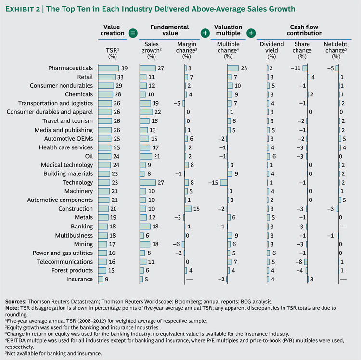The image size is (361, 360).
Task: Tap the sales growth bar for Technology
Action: click(147, 183)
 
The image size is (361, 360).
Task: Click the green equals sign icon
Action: click(133, 33)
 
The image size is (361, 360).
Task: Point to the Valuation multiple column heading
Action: click(228, 30)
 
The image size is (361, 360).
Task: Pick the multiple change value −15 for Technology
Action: click(214, 183)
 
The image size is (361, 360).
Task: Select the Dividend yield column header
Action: click(271, 47)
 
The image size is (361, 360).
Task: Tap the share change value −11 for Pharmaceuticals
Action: click(296, 68)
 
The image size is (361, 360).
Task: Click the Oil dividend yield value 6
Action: click(274, 156)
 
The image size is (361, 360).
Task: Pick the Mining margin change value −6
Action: click(177, 244)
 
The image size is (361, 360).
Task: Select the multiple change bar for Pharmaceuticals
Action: click(232, 68)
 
